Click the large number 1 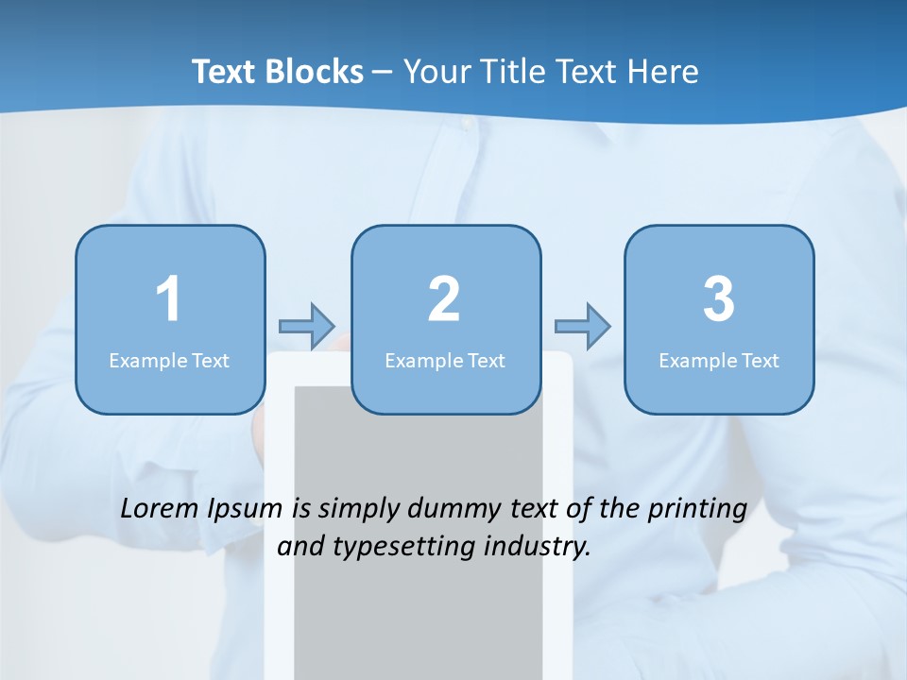[168, 299]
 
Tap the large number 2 [444, 299]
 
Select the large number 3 [719, 299]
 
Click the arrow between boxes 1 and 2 [307, 327]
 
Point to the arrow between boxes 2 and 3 [582, 327]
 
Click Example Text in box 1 [169, 360]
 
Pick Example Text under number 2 [445, 360]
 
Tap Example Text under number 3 [719, 360]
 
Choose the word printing [696, 510]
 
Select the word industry [543, 547]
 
